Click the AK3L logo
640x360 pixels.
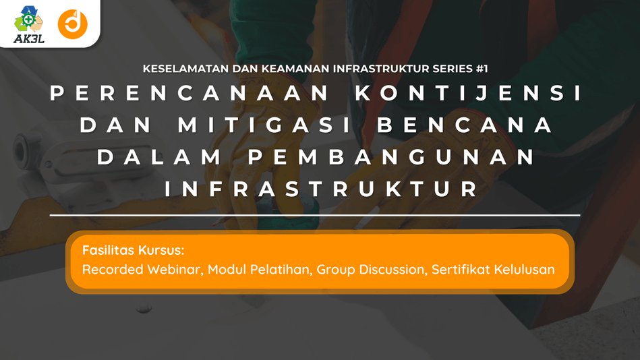tap(28, 24)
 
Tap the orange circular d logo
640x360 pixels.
tap(72, 24)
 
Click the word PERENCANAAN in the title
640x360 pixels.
tap(189, 94)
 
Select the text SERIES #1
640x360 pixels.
tap(467, 69)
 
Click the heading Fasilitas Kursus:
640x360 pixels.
tap(133, 250)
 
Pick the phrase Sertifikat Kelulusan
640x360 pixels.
tap(497, 270)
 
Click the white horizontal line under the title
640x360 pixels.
tap(320, 215)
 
